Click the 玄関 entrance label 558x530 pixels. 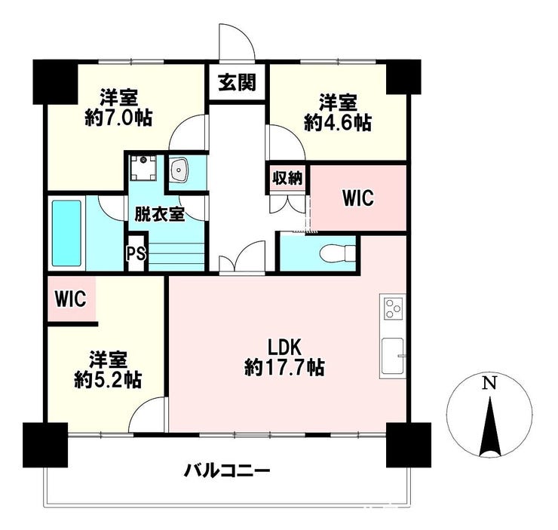(x=237, y=82)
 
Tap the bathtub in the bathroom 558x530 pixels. (x=67, y=233)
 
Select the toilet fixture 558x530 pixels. (x=337, y=253)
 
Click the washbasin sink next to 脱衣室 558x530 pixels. (x=178, y=170)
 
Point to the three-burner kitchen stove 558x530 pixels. (x=393, y=308)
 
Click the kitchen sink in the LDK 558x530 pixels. (x=393, y=357)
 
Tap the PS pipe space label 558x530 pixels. (x=136, y=253)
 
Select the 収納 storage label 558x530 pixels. (x=287, y=178)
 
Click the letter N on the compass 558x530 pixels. (x=489, y=383)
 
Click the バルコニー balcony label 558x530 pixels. (x=227, y=472)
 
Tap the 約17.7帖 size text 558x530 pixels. (x=284, y=367)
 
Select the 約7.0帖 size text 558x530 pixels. (x=118, y=118)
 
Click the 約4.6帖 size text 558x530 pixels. (x=338, y=122)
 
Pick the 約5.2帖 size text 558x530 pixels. (x=108, y=380)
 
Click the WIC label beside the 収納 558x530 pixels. (x=358, y=198)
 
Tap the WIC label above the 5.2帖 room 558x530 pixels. (x=70, y=299)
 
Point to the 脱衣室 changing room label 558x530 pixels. (x=159, y=215)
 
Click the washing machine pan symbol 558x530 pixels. (x=143, y=167)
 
